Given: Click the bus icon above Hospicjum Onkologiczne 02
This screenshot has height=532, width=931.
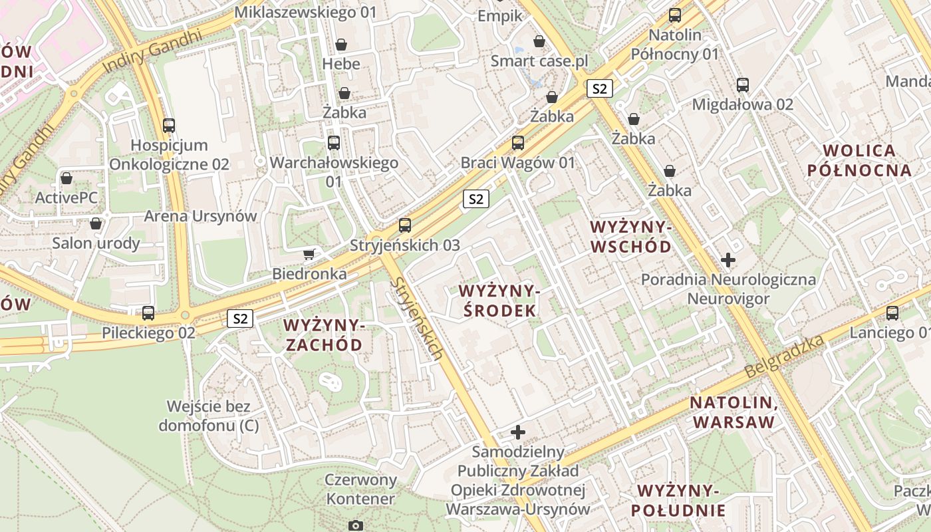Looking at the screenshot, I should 169,125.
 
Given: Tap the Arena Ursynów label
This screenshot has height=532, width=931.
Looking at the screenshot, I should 200,216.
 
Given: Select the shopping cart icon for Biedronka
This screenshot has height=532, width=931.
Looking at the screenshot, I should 309,254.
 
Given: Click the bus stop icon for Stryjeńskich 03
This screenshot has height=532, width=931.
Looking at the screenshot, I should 404,225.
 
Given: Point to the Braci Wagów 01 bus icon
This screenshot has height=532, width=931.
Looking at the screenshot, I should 517,142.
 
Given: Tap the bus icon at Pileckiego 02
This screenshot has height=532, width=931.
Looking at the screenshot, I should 148,313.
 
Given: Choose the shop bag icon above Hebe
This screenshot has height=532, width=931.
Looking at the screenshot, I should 341,45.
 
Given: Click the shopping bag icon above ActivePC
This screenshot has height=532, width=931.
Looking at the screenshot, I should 66,178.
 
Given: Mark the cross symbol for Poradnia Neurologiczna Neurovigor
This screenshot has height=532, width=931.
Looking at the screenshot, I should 728,259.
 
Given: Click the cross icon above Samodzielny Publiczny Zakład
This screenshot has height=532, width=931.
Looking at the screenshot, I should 517,432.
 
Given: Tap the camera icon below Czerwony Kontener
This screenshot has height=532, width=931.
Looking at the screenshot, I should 356,525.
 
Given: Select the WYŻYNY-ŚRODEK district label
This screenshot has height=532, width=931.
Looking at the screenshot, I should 497,301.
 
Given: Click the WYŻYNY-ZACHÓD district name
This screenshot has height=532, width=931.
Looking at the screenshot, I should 323,334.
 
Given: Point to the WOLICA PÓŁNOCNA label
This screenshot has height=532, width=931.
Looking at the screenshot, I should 859,160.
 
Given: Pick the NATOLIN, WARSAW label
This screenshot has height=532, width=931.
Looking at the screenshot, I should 733,412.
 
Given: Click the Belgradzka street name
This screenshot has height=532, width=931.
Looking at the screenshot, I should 785,356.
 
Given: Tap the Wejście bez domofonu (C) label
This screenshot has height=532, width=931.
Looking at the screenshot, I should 209,416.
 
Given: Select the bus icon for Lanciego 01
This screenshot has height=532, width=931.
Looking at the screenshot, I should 892,313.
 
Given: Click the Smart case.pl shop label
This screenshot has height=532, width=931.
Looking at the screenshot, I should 539,61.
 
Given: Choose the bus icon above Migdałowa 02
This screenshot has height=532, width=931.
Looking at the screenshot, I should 742,84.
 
